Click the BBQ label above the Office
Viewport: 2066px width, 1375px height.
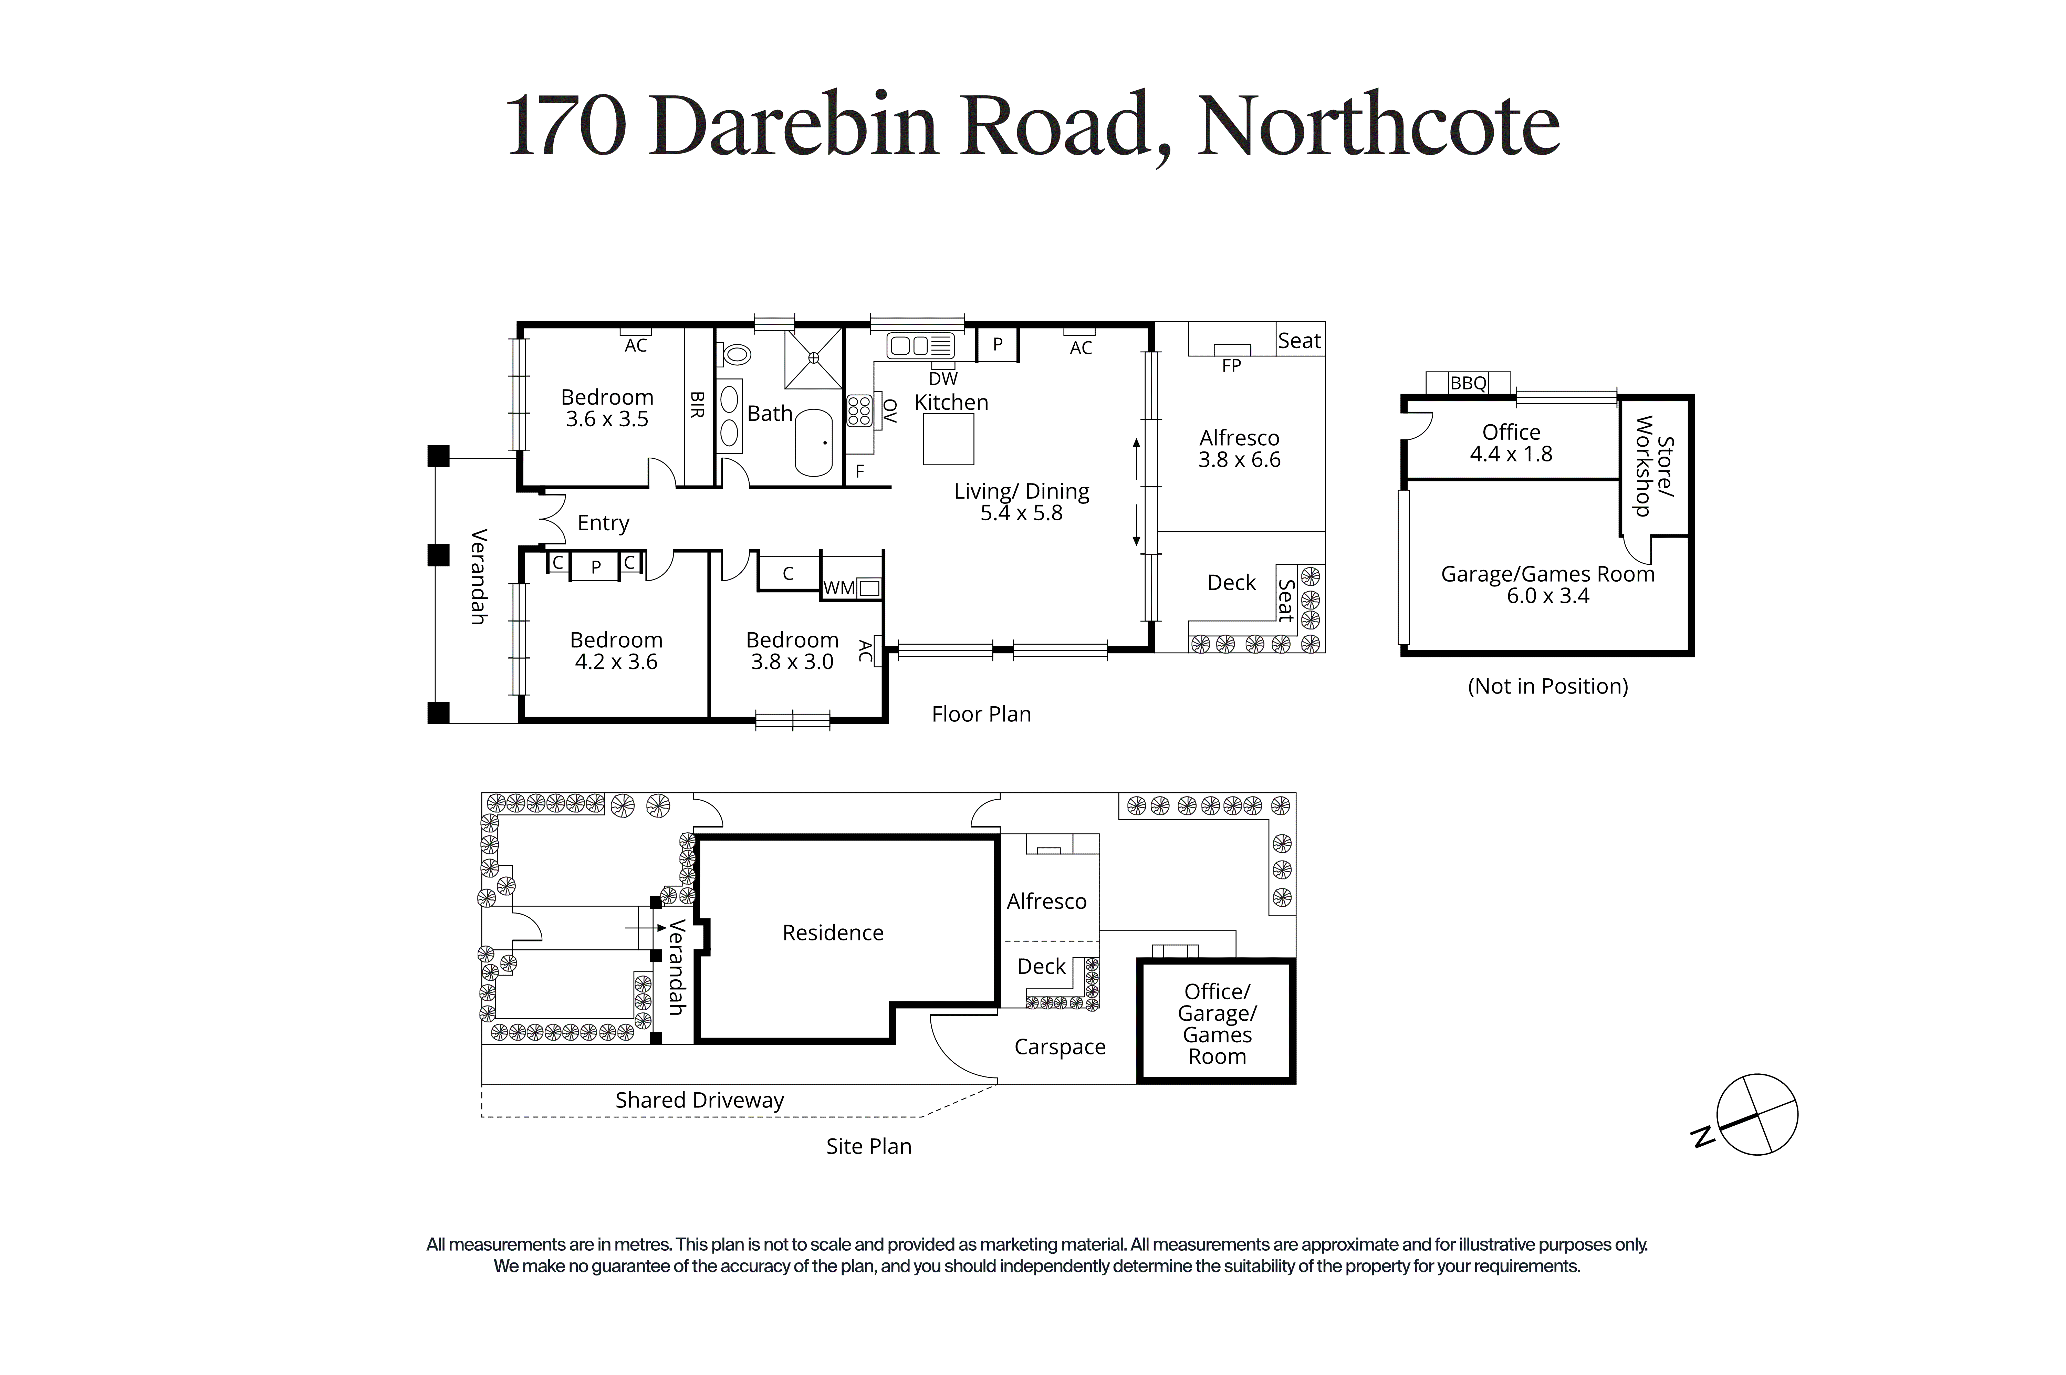[x=1468, y=383]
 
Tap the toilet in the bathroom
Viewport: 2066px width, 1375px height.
[x=735, y=354]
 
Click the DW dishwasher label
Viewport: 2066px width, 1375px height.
[x=943, y=379]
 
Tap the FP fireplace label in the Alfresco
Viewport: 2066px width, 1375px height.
[x=1231, y=366]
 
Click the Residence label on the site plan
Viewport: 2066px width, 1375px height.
[x=833, y=932]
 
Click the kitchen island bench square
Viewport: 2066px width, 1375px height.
[x=948, y=438]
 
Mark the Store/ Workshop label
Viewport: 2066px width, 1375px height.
[x=1654, y=466]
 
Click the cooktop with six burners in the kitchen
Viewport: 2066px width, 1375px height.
[x=859, y=410]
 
